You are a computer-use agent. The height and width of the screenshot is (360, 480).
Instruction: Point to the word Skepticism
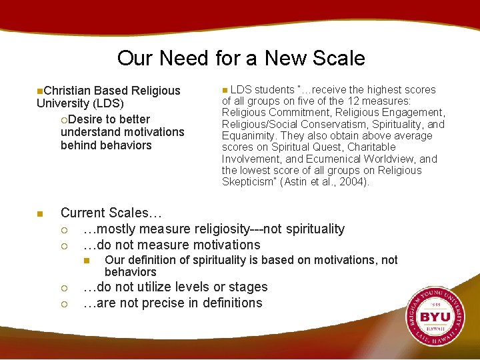[248, 182]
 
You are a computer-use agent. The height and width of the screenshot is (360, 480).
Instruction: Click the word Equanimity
[248, 136]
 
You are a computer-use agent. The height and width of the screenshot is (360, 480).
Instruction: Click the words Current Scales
[110, 213]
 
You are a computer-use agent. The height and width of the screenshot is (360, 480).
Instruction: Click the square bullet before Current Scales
[40, 214]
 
